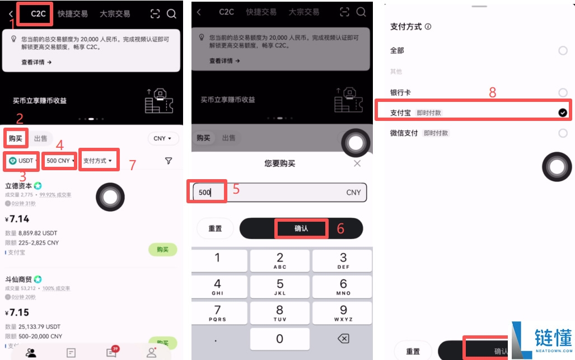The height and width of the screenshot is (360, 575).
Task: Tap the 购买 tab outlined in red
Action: (16, 138)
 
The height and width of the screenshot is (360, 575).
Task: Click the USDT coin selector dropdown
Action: (22, 161)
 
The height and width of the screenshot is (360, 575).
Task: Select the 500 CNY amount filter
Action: (60, 161)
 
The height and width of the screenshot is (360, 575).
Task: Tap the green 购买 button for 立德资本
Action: (162, 250)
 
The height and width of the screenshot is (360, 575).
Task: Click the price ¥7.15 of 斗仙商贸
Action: (17, 312)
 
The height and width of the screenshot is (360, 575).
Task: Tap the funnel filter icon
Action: (169, 161)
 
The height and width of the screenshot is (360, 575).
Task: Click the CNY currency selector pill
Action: (163, 138)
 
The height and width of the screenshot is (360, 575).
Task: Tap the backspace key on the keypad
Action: (343, 339)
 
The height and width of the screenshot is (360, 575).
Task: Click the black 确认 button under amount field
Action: (301, 228)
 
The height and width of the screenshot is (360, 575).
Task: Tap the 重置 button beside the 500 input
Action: (215, 228)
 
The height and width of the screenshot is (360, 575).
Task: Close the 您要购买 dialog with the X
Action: (357, 163)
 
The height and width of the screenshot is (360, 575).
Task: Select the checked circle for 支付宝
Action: (563, 113)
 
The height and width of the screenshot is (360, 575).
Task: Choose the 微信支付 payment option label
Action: (404, 133)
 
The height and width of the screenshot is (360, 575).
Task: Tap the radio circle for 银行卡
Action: (563, 92)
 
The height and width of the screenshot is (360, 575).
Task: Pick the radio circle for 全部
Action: (563, 50)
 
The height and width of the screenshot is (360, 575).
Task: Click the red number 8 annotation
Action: (493, 93)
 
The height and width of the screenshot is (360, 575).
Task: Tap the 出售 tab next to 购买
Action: (40, 138)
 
